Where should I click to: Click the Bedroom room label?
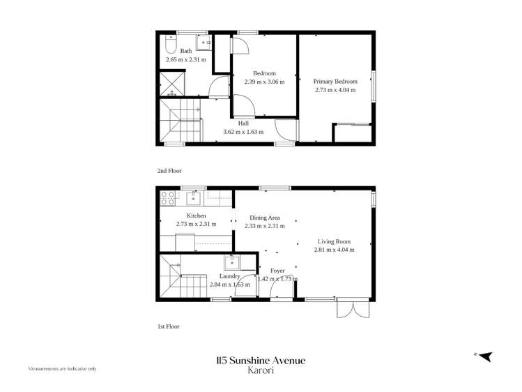tap(264, 73)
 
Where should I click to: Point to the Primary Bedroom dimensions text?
tap(335, 89)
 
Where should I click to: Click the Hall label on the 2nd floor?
tap(243, 123)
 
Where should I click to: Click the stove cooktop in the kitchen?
tap(167, 198)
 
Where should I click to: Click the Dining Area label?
tap(264, 218)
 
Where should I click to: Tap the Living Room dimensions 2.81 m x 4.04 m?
tap(334, 249)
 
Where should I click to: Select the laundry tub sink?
tap(231, 263)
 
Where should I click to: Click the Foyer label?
tap(277, 271)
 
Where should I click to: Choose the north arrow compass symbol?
tap(485, 356)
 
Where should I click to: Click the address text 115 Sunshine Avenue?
tap(261, 361)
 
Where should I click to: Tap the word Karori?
tap(261, 371)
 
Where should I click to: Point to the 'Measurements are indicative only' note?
tap(62, 368)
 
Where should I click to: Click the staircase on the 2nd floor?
tap(180, 119)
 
